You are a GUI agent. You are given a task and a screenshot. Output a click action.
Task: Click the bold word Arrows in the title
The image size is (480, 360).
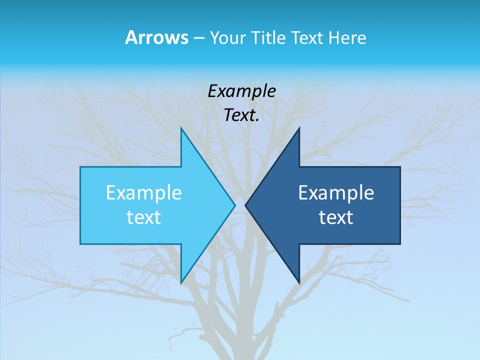click(x=156, y=37)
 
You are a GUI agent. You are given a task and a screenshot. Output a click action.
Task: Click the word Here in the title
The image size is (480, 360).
click(x=347, y=37)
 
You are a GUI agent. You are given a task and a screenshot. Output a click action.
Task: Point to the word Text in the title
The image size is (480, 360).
click(x=308, y=37)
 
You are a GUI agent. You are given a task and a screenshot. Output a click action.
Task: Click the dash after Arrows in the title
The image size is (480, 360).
click(x=198, y=38)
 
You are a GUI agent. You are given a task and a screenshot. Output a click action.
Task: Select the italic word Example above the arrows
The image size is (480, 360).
click(x=241, y=91)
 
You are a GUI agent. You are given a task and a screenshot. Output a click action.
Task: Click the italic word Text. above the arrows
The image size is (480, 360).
click(x=241, y=115)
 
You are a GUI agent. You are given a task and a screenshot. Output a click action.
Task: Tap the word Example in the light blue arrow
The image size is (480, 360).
click(x=144, y=192)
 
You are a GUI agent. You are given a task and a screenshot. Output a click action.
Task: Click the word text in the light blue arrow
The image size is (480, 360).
click(x=144, y=217)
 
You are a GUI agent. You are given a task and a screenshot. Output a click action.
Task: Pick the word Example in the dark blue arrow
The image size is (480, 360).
click(x=336, y=192)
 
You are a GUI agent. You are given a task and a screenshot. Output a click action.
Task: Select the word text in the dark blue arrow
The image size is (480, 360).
click(x=336, y=217)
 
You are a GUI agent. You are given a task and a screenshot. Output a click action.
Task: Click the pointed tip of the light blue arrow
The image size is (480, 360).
click(x=234, y=205)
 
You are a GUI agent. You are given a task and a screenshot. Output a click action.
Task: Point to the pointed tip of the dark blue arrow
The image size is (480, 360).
click(x=246, y=205)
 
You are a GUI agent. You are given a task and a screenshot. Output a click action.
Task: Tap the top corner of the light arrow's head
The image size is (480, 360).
click(x=181, y=128)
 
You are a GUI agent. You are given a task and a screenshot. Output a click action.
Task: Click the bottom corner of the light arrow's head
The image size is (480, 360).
click(x=181, y=282)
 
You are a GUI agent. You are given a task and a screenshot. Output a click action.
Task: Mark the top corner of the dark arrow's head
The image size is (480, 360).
click(x=299, y=128)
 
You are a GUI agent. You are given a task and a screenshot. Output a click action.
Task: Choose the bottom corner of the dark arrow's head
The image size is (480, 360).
click(x=299, y=282)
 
